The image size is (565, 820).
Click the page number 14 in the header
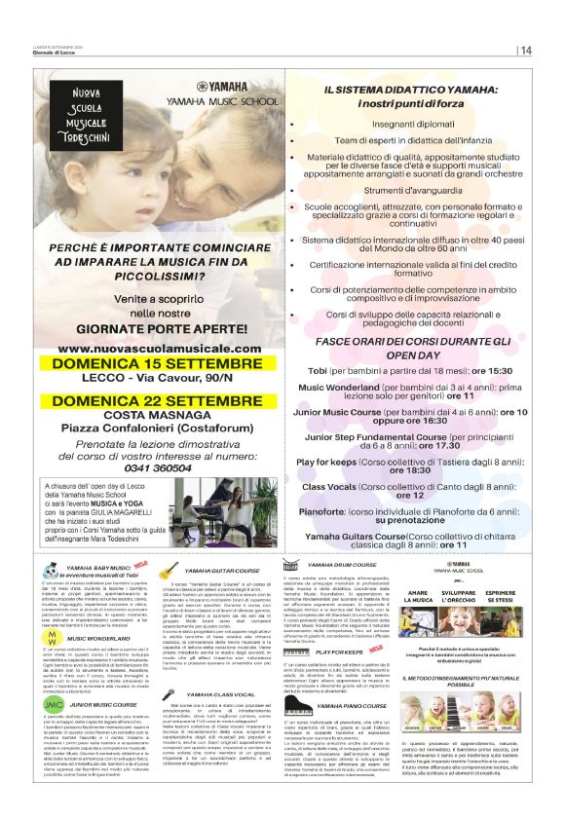(x=526, y=50)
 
